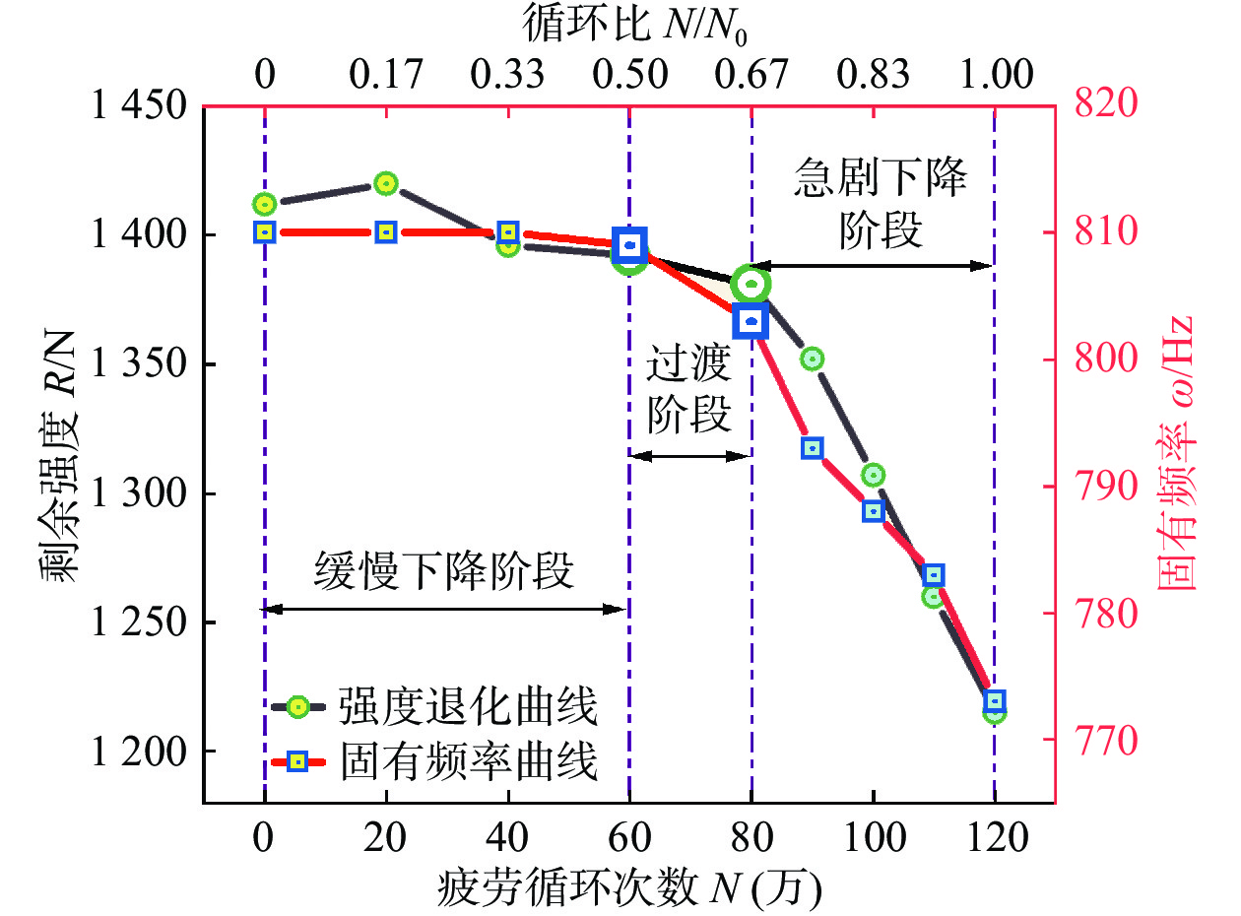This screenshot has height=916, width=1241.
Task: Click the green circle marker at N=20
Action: (385, 183)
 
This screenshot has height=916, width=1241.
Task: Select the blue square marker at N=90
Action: (813, 448)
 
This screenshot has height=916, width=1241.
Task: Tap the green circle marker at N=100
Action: (873, 475)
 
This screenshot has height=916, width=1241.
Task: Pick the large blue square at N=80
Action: (751, 321)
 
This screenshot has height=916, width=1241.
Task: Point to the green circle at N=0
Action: (264, 205)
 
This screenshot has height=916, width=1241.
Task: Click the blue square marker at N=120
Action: (995, 701)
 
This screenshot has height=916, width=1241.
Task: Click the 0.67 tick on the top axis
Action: (751, 75)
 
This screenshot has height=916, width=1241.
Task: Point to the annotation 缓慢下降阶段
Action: (445, 570)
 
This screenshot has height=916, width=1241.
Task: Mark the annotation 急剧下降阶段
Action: (880, 205)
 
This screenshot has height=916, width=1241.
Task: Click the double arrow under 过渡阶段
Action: (689, 456)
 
